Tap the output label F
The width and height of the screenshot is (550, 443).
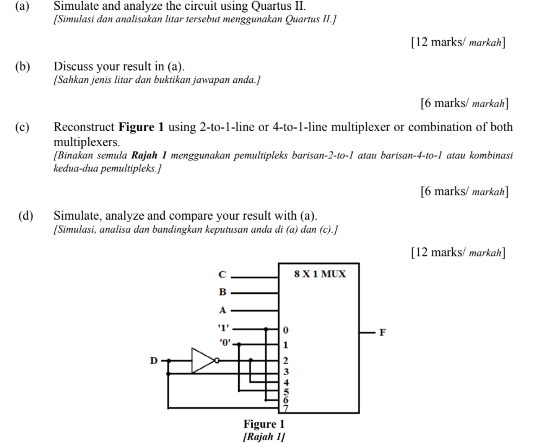coord(382,332)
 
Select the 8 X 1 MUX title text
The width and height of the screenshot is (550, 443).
coord(319,274)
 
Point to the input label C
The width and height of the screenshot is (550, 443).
coord(222,274)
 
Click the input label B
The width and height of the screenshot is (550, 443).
coord(222,292)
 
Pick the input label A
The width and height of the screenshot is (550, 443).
coord(222,310)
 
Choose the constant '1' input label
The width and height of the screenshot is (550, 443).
coord(222,328)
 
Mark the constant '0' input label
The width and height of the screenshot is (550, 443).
coord(225,342)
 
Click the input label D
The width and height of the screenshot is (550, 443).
coord(154,360)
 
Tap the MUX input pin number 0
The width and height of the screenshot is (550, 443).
coord(286,330)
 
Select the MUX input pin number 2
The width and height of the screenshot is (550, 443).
coord(286,361)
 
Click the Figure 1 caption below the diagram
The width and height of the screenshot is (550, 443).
coord(264,424)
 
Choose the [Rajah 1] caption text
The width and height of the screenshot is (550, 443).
coord(264,436)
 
